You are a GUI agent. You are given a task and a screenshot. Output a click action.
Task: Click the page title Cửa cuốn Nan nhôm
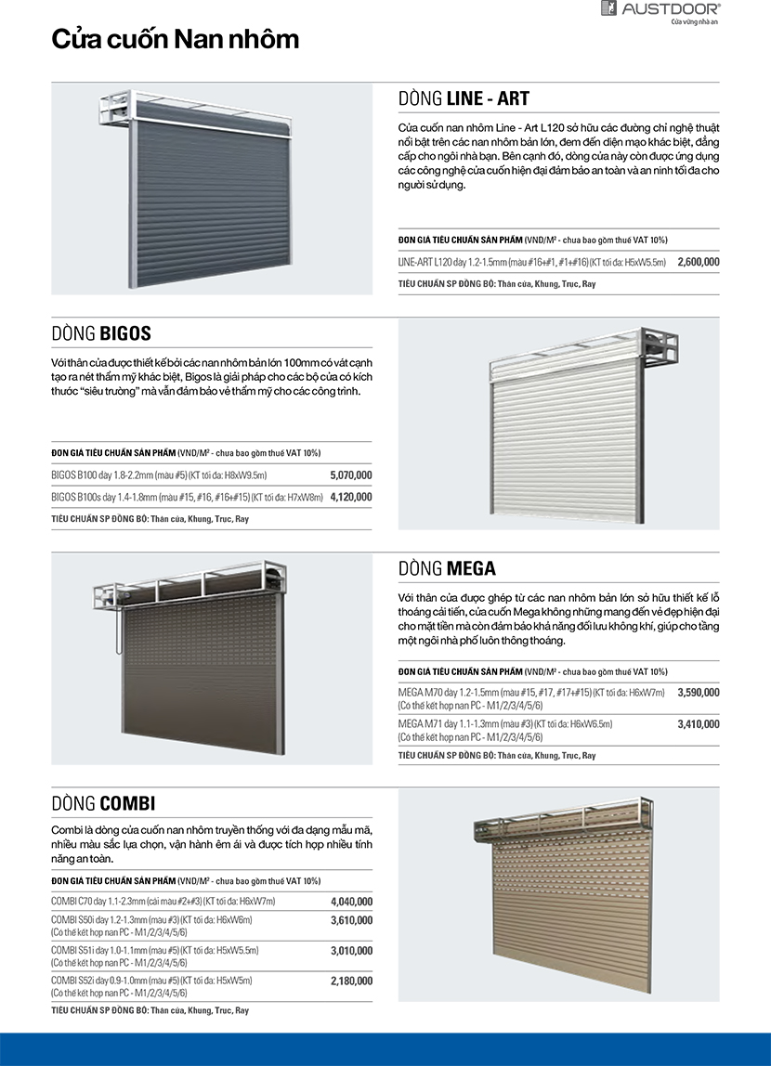(x=175, y=39)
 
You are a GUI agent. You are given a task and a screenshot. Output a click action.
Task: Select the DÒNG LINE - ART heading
(x=464, y=98)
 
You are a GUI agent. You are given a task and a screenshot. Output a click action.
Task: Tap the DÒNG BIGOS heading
(x=101, y=333)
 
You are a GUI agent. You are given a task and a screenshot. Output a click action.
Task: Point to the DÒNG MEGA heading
(x=447, y=568)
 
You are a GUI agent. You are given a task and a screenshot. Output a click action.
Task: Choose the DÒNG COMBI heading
(x=103, y=803)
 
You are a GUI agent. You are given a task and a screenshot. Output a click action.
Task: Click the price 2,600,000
(x=699, y=262)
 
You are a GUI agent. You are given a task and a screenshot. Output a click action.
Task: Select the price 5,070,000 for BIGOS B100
(x=351, y=475)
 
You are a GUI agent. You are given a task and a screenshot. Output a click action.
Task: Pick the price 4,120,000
(x=351, y=497)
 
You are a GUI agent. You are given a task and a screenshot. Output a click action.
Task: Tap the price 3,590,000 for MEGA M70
(x=699, y=692)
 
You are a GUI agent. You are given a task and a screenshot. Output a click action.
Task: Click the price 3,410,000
(x=699, y=723)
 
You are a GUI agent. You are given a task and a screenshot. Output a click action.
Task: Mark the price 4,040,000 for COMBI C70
(x=351, y=901)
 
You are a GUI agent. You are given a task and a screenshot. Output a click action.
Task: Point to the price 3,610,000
(x=351, y=920)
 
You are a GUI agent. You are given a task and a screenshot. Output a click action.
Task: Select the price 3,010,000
(x=351, y=950)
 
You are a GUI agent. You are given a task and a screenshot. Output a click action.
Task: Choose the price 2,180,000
(x=351, y=981)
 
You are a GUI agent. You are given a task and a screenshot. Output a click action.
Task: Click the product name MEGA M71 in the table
(x=419, y=723)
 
